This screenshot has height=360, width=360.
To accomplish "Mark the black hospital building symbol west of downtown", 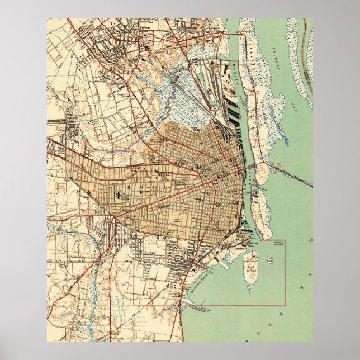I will (x=120, y=196).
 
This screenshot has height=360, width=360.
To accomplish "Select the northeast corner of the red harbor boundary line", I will (x=285, y=241).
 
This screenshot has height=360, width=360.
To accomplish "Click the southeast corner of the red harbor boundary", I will (x=285, y=305).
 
